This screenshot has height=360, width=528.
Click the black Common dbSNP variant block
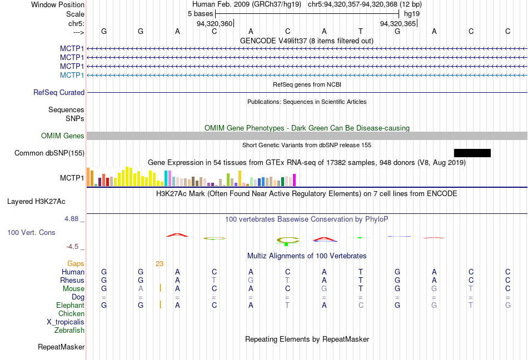click(472, 153)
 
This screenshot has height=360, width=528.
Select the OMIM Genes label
click(63, 136)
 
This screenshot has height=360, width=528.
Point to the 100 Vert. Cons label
click(31, 232)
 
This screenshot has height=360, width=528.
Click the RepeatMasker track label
click(61, 347)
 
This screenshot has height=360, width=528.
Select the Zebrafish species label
click(69, 331)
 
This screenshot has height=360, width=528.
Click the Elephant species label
click(70, 306)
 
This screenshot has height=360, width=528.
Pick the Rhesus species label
click(72, 281)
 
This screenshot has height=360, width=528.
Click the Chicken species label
click(71, 314)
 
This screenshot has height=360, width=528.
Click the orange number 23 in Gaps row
click(160, 264)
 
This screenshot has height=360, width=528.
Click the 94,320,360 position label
click(215, 24)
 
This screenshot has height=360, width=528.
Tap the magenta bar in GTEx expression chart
click(294, 180)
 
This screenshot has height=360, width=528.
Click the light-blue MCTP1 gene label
click(72, 75)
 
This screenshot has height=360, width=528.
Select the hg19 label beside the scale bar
click(412, 13)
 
